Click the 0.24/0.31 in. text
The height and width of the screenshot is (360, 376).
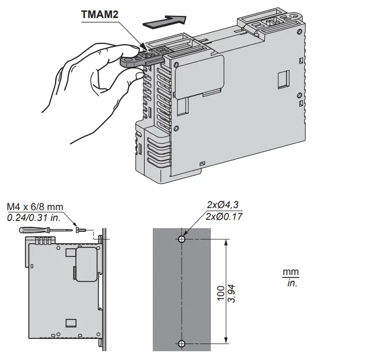coord(33,217)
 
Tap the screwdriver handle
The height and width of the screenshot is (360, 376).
coord(30,229)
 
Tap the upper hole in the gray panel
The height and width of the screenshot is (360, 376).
coord(182,239)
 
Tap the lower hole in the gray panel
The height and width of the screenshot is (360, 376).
coord(182,344)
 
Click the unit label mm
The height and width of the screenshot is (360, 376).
coord(291,272)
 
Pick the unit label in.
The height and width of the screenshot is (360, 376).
coord(291,283)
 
